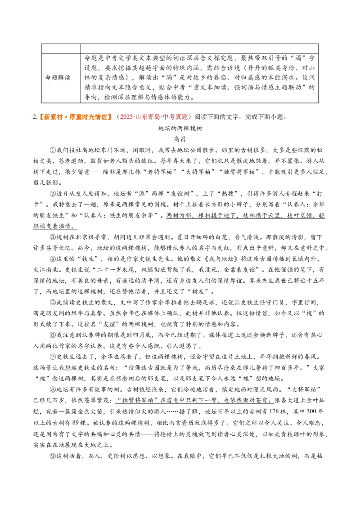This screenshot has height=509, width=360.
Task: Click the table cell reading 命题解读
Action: [x=58, y=78]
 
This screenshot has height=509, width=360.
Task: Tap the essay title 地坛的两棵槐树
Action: [x=180, y=128]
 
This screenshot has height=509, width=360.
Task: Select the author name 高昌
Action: [x=180, y=139]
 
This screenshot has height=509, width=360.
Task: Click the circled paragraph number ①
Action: [x=53, y=150]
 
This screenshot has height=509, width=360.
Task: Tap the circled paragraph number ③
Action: [x=53, y=237]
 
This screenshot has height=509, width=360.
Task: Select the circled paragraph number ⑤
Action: [x=53, y=303]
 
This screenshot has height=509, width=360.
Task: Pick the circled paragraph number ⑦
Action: [x=53, y=357]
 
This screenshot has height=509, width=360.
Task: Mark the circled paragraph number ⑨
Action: [x=53, y=456]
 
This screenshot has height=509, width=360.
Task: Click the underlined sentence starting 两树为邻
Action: [x=179, y=221]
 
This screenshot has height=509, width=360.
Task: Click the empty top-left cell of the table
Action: [x=61, y=49]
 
